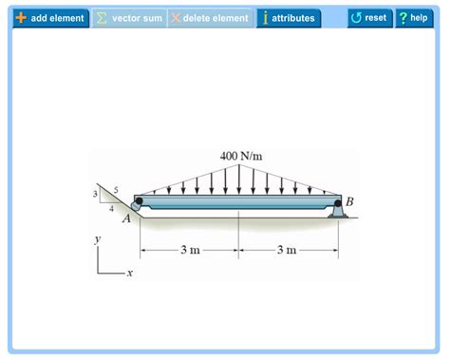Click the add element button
pos(49,18)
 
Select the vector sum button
pos(129,18)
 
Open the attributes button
pos(289,18)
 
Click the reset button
pos(369,18)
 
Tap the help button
pos(413,18)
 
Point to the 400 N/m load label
pos(238,156)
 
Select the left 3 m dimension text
pos(190,251)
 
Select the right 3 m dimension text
pos(287,251)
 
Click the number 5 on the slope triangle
pos(116,190)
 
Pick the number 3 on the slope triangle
pos(95,195)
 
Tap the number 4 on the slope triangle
pos(111,208)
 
